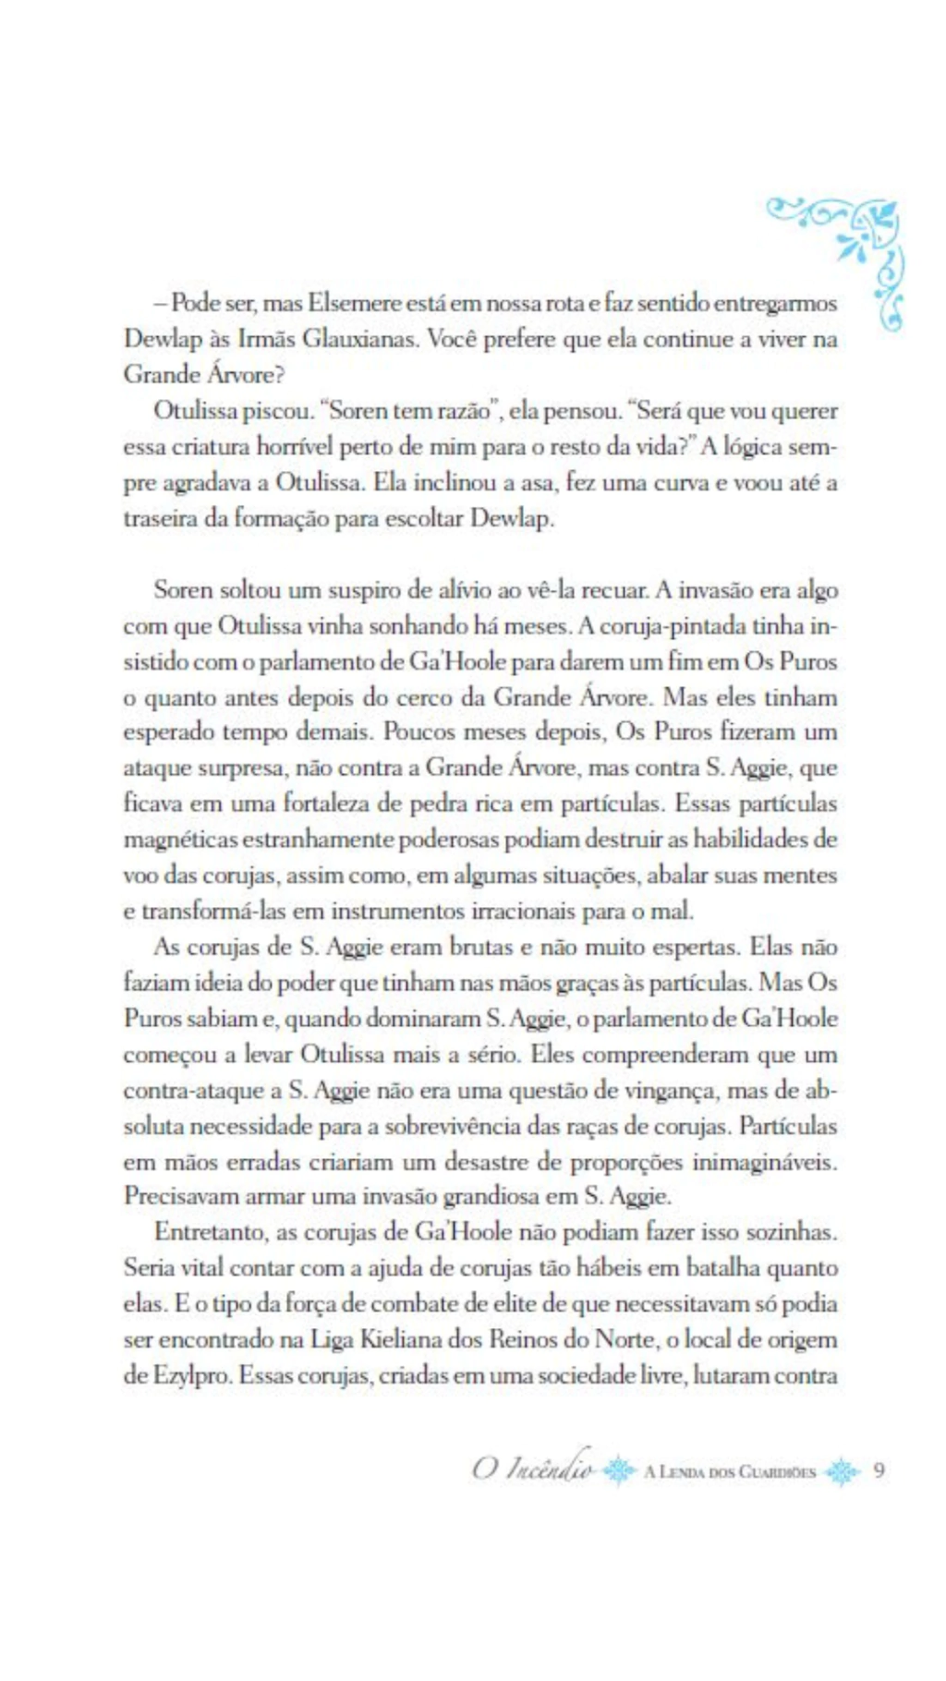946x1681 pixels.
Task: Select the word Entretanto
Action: [x=212, y=1233]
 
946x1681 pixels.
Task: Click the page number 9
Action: [x=879, y=1470]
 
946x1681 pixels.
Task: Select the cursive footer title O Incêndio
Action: [x=532, y=1469]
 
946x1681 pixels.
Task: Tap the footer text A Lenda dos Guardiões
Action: [x=730, y=1471]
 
